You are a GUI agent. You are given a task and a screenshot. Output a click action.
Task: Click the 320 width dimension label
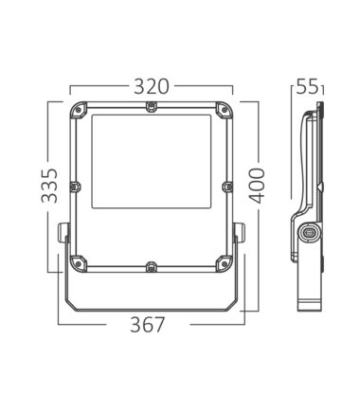pyautogui.click(x=152, y=87)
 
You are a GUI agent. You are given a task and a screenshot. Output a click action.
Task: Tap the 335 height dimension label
pyautogui.click(x=50, y=186)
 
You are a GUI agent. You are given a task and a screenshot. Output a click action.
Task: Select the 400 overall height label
pyautogui.click(x=256, y=186)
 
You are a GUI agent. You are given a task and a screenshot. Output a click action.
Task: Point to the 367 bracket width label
pyautogui.click(x=148, y=325)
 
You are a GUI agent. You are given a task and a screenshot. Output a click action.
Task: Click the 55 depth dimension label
pyautogui.click(x=307, y=87)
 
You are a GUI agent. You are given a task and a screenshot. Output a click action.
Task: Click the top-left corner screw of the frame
pyautogui.click(x=78, y=110)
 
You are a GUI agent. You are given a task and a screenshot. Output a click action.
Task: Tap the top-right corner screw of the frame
pyautogui.click(x=225, y=110)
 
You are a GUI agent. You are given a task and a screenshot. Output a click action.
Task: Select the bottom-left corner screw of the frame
pyautogui.click(x=78, y=263)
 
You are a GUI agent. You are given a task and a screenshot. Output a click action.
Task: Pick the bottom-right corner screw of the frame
pyautogui.click(x=225, y=263)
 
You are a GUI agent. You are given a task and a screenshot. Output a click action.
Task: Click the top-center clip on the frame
pyautogui.click(x=152, y=106)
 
